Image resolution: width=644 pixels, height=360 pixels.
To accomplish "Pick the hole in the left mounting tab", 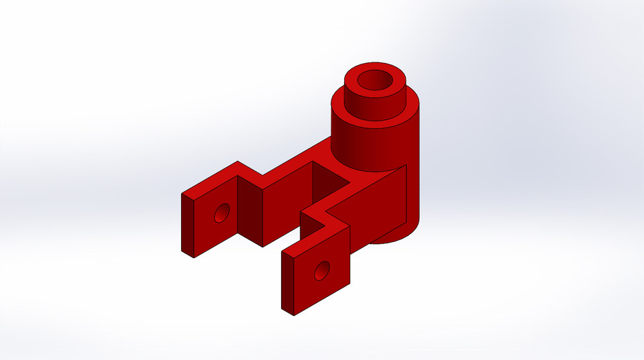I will tap(221, 214).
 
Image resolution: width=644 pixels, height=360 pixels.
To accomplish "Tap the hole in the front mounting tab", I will tap(322, 270).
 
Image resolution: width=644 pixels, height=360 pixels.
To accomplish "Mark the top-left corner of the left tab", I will tap(182, 194).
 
